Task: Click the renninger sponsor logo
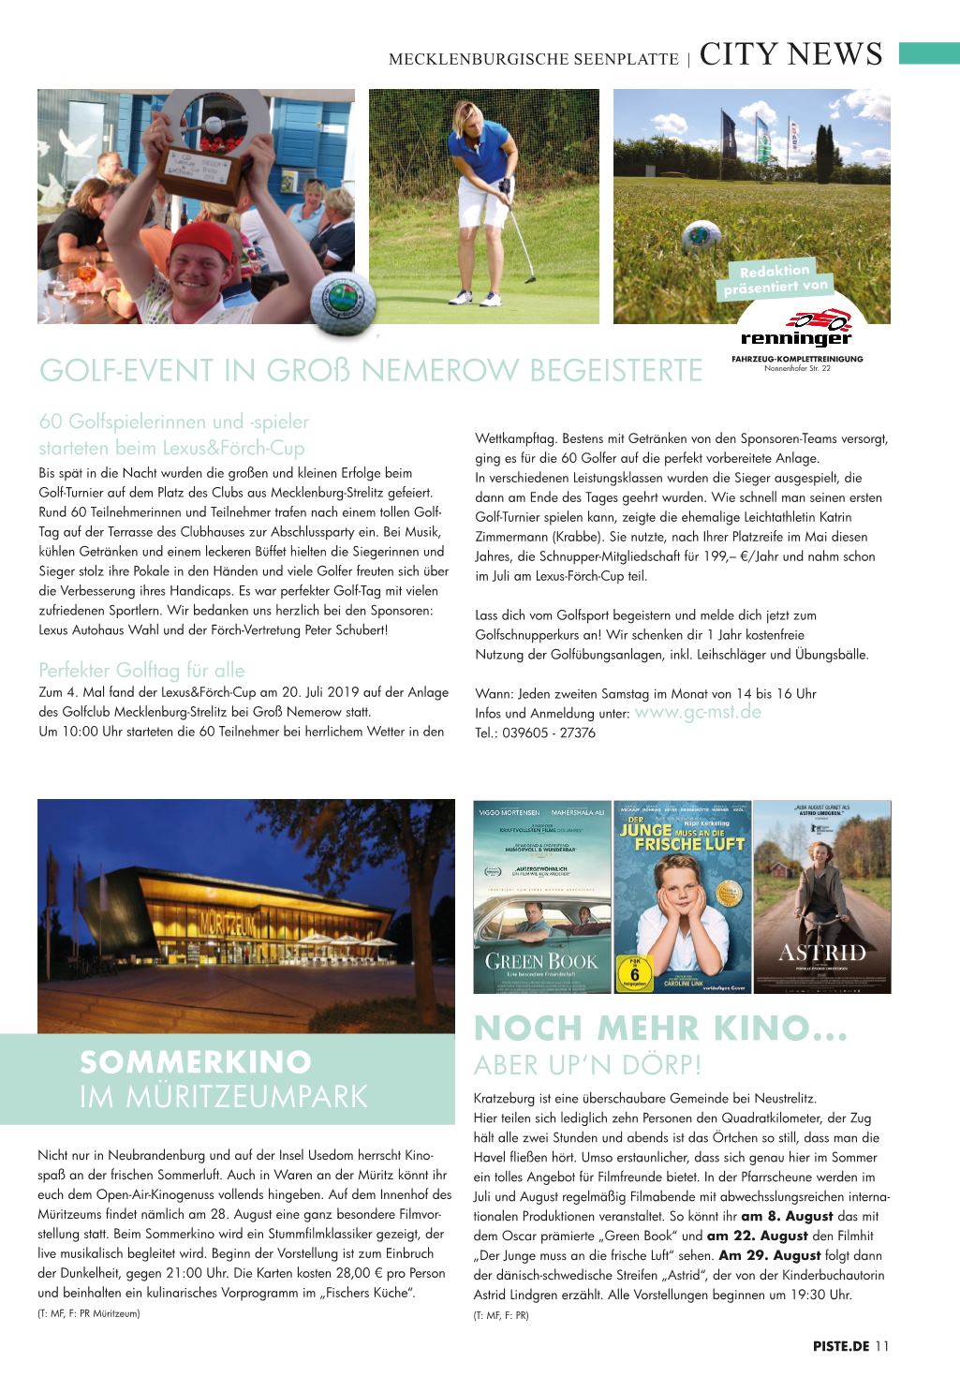pos(796,331)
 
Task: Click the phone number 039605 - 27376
pos(554,733)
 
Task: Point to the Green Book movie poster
pos(528,896)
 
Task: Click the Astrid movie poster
pos(822,896)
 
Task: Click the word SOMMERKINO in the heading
pos(196,1061)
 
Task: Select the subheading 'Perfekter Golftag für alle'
pos(141,671)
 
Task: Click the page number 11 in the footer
pos(882,1347)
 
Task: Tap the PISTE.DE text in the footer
pos(841,1347)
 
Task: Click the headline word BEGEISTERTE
pos(617,371)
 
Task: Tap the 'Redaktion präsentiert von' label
pos(776,279)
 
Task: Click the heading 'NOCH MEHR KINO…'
pos(660,1029)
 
